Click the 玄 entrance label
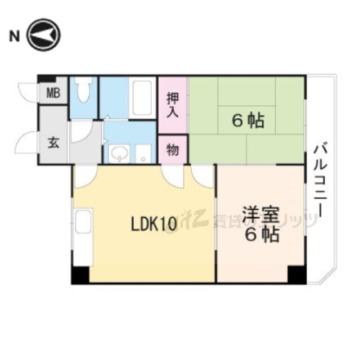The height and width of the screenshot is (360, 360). (x=53, y=142)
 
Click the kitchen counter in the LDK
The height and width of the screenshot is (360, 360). (x=83, y=236)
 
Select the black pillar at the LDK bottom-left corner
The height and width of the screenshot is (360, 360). (x=80, y=274)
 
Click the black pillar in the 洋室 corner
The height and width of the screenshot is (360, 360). (x=297, y=274)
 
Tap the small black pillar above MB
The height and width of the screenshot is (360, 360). (x=47, y=79)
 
